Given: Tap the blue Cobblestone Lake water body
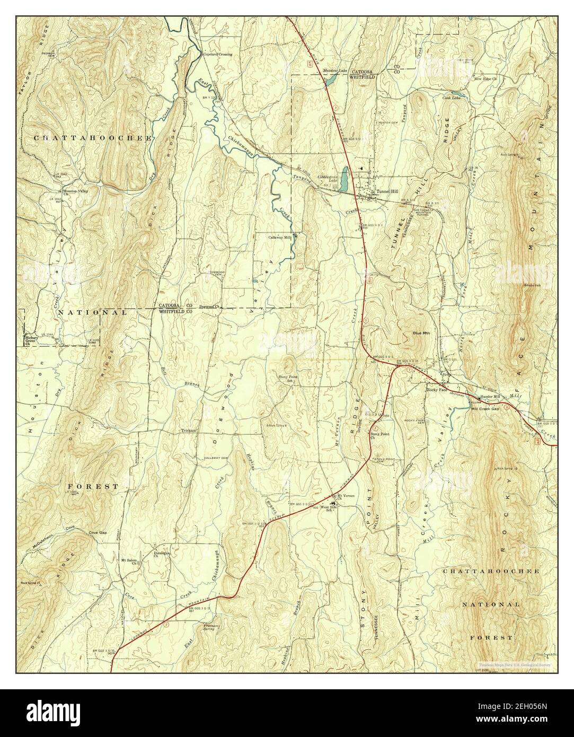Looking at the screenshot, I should pos(345,180).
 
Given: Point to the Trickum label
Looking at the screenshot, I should pos(189,431).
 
